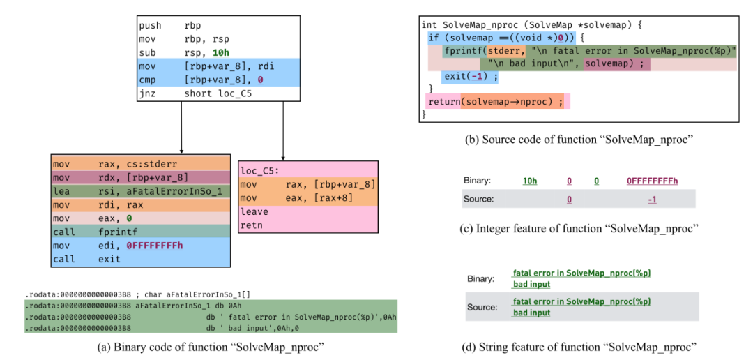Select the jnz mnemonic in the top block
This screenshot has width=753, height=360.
coord(147,93)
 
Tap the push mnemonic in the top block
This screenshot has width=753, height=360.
coord(150,25)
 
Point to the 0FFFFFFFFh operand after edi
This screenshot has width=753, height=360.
coord(155,245)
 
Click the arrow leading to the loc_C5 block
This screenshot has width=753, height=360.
coord(283,131)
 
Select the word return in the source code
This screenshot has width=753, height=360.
coord(443,102)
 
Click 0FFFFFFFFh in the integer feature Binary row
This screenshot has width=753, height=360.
coord(652,181)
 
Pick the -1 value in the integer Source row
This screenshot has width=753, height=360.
coord(652,199)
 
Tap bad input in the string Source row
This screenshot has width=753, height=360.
coord(531,313)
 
